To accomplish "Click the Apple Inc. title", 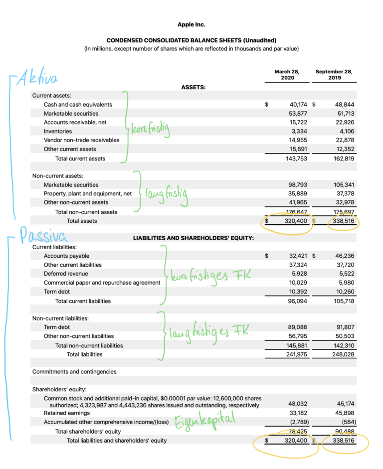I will coord(191,24).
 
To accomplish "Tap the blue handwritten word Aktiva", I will coord(38,79).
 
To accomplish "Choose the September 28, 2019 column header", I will coord(334,75).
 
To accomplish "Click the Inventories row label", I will coord(58,131).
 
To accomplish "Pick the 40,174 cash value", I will coord(298,105).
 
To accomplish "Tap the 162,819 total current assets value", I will coord(343,158).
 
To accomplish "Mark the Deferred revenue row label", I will coord(66,274).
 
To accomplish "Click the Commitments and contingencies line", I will coord(74,371).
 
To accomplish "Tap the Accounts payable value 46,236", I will coord(344,256).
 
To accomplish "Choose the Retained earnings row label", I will coord(67,413).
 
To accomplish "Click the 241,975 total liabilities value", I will coord(298,354).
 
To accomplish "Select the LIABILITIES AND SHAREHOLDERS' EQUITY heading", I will coord(193,238).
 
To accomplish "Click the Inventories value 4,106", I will coord(345,132).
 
